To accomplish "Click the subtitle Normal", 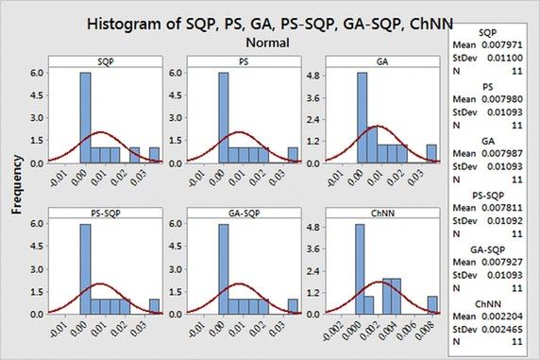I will point(270,43).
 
